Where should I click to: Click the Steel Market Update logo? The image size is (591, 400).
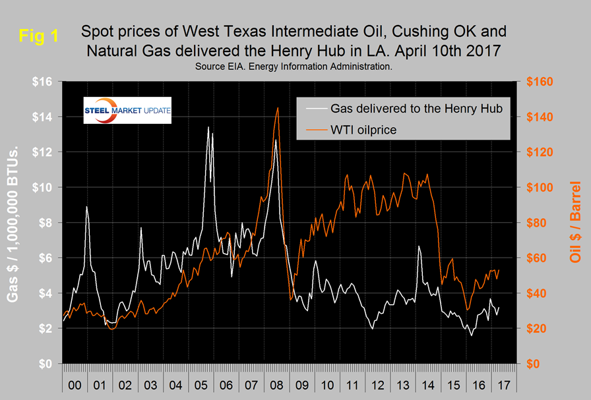point(127,111)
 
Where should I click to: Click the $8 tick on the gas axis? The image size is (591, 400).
point(44,223)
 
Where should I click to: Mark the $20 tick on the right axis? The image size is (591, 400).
point(541,328)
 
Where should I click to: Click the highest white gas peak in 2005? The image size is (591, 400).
point(208,127)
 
